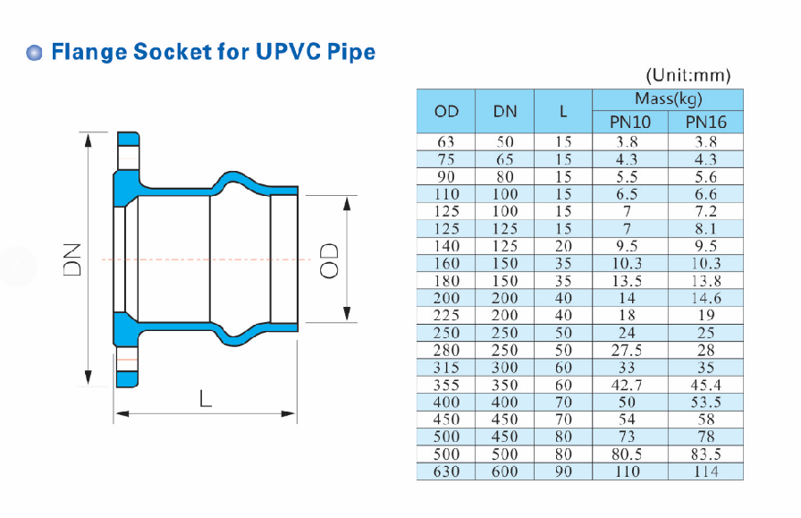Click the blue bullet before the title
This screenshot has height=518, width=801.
click(34, 53)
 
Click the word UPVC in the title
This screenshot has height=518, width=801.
click(288, 51)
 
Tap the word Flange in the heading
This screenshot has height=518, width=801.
click(89, 53)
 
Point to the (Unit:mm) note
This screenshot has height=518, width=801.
click(688, 76)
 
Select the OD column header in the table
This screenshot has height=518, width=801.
click(446, 112)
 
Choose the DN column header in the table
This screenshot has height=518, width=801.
click(505, 112)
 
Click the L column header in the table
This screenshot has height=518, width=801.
click(563, 112)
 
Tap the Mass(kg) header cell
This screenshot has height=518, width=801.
click(668, 98)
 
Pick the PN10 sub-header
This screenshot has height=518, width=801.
click(630, 123)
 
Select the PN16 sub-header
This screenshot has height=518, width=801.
click(705, 123)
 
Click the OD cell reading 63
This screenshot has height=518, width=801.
click(446, 141)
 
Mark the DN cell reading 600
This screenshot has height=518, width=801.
click(505, 471)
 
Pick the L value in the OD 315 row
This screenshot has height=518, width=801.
click(563, 367)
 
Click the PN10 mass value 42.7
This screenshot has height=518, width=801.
click(627, 385)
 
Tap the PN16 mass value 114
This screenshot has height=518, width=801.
click(705, 471)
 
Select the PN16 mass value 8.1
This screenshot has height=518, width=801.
click(705, 228)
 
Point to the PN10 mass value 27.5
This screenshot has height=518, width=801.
click(627, 350)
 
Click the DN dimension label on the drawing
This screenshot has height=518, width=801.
click(72, 259)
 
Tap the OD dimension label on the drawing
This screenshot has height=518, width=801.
click(329, 260)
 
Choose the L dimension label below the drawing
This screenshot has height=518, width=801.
click(205, 398)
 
